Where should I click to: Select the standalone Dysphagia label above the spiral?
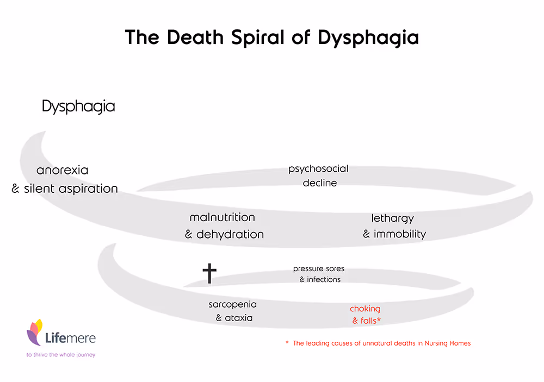78,107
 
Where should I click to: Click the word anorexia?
62,170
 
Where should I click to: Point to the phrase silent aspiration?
71,189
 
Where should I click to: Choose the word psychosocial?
318,169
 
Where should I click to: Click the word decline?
320,183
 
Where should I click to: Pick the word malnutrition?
222,217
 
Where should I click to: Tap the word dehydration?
230,235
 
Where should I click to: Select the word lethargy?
393,218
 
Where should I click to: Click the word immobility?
400,235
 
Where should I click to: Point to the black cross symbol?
209,273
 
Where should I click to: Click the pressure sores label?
319,269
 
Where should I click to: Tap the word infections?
324,280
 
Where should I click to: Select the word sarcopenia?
232,305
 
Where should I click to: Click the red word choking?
365,309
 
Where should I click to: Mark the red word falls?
368,321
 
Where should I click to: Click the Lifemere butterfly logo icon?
35,331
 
